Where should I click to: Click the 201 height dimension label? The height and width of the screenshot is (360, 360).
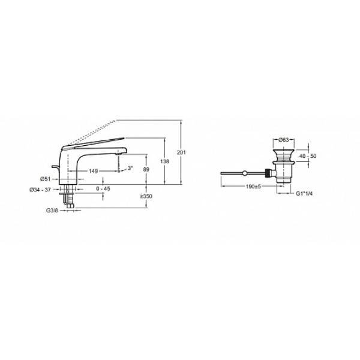pos(181,152)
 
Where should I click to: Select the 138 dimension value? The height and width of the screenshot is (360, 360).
pos(164,161)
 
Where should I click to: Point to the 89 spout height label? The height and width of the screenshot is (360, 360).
pos(146,169)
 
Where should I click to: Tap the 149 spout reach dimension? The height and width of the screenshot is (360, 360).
pos(93,171)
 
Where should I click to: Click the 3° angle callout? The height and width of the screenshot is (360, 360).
pos(130,168)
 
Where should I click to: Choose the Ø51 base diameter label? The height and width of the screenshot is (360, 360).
pos(45,179)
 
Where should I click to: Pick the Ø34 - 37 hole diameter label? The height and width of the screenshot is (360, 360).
pos(40,190)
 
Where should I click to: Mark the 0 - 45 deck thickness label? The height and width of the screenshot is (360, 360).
pos(103,189)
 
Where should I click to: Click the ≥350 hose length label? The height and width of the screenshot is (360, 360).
pos(146,196)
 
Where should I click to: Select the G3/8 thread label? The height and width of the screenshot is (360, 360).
pos(52,211)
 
